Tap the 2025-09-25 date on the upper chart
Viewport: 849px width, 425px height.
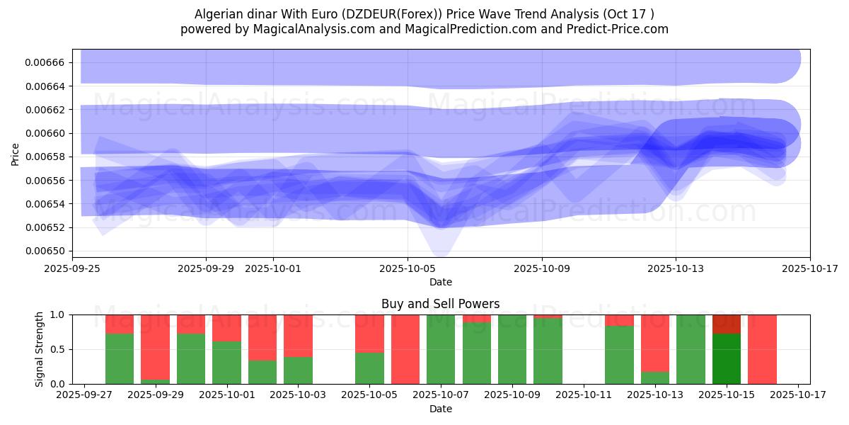tap(72, 269)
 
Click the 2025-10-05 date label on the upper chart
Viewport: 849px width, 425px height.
tap(408, 269)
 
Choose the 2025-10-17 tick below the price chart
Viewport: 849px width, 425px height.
tap(810, 269)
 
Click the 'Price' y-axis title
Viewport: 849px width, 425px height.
tap(16, 154)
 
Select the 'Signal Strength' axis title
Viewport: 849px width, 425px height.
tap(40, 348)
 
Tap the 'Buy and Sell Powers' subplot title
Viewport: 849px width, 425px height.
tap(440, 304)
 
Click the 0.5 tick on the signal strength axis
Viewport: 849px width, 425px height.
tap(57, 349)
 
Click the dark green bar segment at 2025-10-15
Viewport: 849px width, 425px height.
tap(727, 358)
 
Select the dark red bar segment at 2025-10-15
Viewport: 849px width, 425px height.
tap(727, 324)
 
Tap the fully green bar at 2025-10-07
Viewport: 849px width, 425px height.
tap(441, 349)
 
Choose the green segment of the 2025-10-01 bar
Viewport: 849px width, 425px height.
tap(226, 363)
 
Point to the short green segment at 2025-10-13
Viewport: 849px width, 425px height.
tap(655, 378)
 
